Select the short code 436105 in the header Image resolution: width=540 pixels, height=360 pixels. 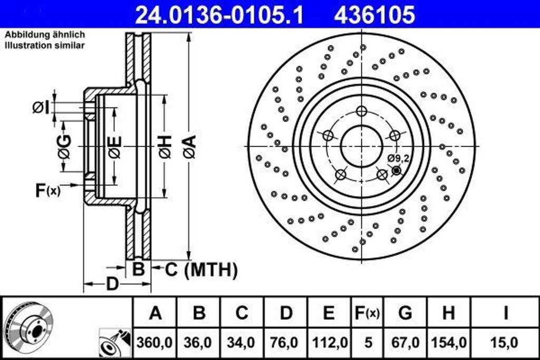click(374, 15)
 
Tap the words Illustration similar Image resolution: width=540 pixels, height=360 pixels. click(45, 46)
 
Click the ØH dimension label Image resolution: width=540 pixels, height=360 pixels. click(165, 147)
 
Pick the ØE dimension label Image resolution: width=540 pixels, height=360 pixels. click(114, 147)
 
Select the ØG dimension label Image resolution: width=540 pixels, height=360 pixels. click(64, 147)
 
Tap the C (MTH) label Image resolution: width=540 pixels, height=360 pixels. click(201, 270)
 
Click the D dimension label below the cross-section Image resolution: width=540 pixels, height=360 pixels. click(112, 285)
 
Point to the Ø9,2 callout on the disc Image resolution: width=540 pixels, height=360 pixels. click(398, 158)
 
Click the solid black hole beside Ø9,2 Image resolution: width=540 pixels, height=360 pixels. click(397, 170)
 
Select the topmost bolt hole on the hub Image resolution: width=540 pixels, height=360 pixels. click(361, 111)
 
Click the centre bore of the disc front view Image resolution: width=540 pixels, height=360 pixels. click(361, 146)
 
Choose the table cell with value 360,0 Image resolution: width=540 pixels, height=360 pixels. click(155, 343)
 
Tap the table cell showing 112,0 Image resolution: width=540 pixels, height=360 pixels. click(329, 343)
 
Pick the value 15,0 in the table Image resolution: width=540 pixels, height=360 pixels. click(505, 343)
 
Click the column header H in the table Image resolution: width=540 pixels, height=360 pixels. click(448, 313)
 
